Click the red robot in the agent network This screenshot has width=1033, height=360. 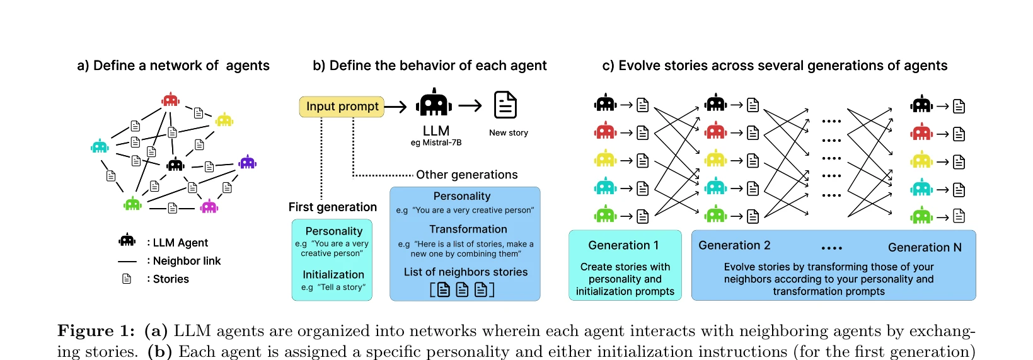click(x=171, y=100)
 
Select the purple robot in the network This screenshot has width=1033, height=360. click(x=248, y=162)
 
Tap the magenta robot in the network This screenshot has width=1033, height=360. click(x=209, y=206)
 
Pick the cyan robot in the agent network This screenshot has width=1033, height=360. click(x=100, y=146)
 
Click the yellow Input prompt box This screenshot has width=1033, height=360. click(x=342, y=107)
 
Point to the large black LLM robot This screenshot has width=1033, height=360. click(x=434, y=103)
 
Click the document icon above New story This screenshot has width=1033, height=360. click(x=505, y=105)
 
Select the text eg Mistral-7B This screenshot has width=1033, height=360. click(x=436, y=142)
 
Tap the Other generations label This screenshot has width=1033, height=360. click(x=466, y=175)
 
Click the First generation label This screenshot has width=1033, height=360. click(x=333, y=207)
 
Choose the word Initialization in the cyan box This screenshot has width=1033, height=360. click(x=333, y=275)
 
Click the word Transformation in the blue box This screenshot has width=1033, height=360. click(x=468, y=229)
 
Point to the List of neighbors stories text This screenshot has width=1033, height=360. click(x=466, y=272)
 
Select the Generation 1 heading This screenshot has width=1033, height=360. click(x=623, y=245)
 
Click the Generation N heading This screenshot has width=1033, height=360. click(x=925, y=247)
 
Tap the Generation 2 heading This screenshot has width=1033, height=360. click(x=734, y=245)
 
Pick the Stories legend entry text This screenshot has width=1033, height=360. click(x=168, y=279)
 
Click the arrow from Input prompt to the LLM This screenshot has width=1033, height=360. click(x=396, y=107)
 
